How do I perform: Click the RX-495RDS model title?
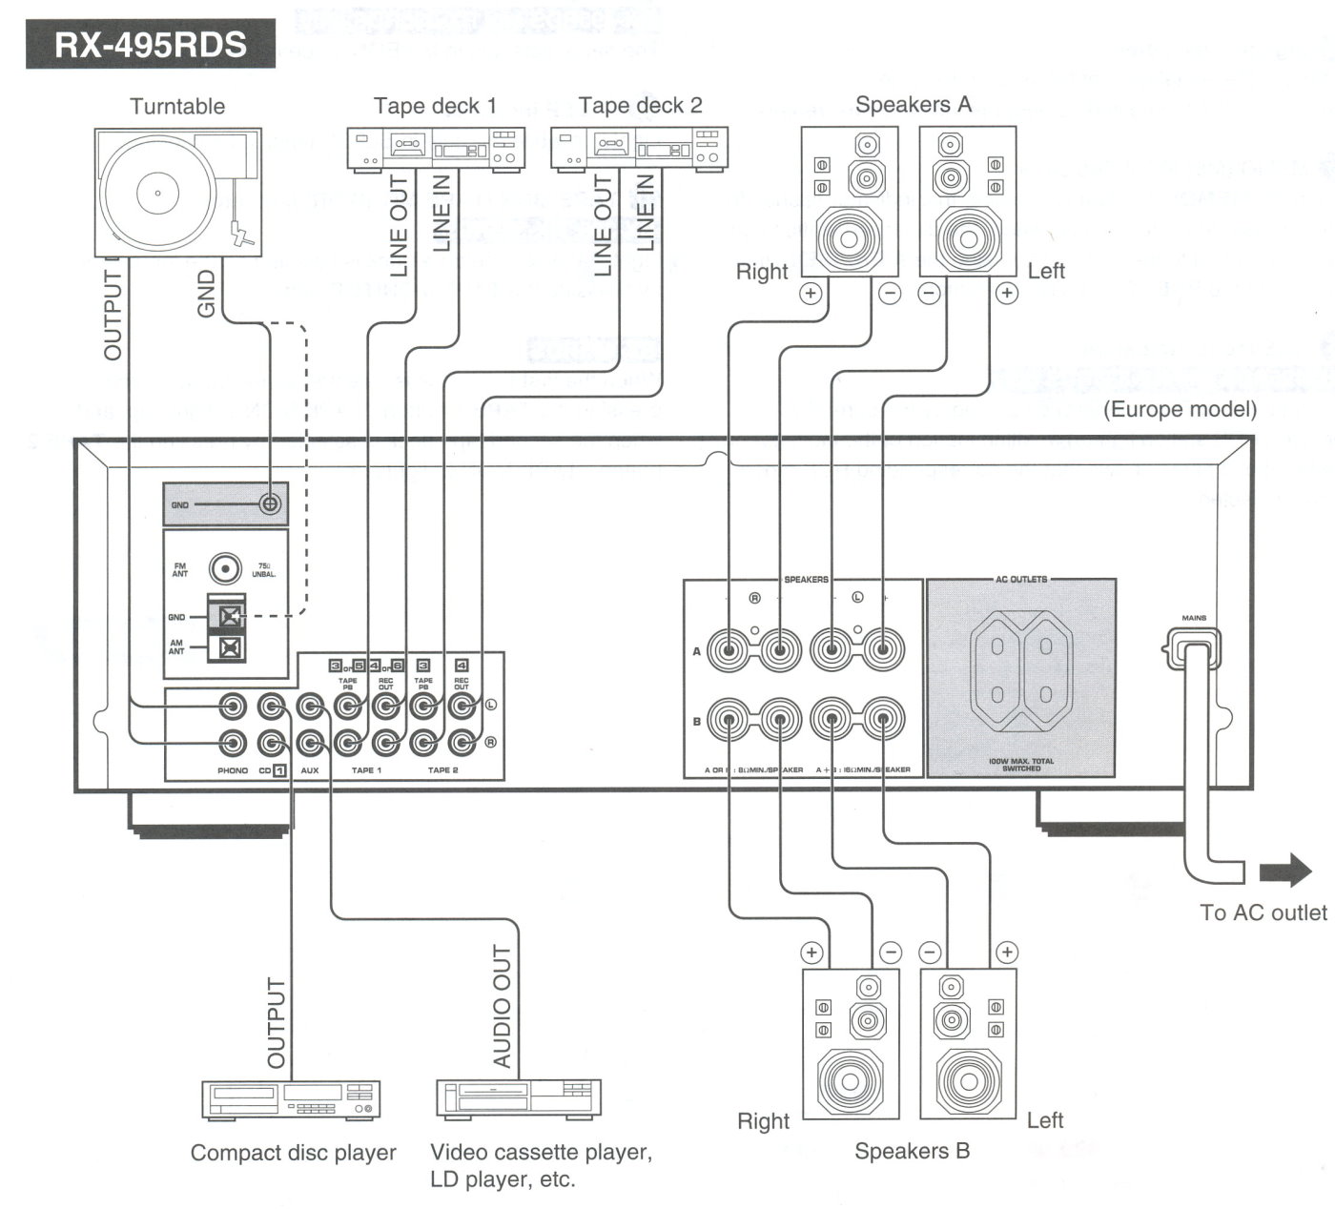[x=151, y=45]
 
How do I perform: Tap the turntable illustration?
[x=178, y=192]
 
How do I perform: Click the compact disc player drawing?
[x=291, y=1099]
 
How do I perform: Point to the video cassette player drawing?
[x=519, y=1098]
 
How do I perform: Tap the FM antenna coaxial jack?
[x=225, y=569]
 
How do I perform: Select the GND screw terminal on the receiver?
[x=270, y=503]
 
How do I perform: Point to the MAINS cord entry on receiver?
[x=1194, y=651]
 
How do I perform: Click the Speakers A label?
[x=913, y=105]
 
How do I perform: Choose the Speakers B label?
[x=912, y=1151]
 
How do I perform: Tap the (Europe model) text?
[x=1180, y=410]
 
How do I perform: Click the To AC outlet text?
[x=1263, y=912]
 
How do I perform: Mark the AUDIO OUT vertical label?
[x=502, y=1006]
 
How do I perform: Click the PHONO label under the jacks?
[x=233, y=770]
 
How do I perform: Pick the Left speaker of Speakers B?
[x=969, y=1044]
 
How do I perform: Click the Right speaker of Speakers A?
[x=850, y=202]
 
